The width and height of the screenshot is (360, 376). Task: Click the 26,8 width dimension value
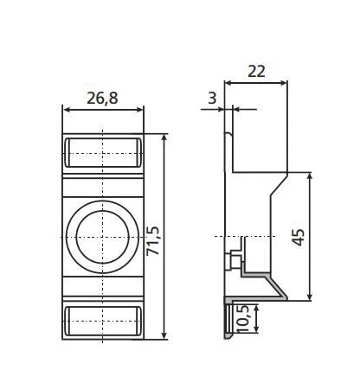[102, 98]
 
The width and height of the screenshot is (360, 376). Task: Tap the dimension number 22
[255, 72]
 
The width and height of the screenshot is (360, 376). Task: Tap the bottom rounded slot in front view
[102, 319]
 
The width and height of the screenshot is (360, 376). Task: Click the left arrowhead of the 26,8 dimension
[67, 110]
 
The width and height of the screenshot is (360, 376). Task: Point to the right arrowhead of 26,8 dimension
[139, 110]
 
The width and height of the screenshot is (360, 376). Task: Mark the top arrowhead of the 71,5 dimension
[164, 138]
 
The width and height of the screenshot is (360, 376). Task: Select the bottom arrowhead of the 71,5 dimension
[164, 334]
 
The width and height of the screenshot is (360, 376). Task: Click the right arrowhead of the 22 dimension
[284, 84]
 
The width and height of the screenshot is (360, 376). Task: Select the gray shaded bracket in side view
[260, 275]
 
